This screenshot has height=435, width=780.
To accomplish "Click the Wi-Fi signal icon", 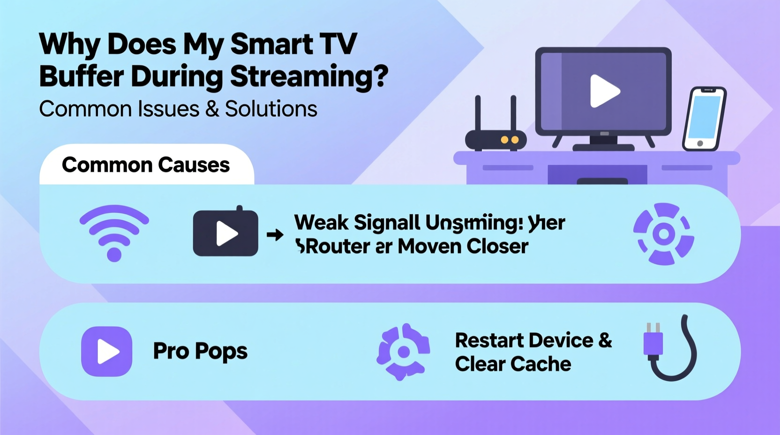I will click(x=114, y=232).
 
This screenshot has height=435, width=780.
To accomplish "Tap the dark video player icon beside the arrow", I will click(x=225, y=233).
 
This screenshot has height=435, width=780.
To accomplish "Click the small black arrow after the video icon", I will click(x=275, y=234).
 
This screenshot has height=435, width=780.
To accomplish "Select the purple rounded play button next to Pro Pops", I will click(x=107, y=352).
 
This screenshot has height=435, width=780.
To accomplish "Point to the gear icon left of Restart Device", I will click(x=403, y=352).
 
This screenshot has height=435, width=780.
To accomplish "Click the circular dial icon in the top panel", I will click(x=663, y=234).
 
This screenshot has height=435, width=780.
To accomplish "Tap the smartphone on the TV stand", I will click(x=704, y=119).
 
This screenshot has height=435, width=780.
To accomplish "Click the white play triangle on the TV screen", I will click(x=604, y=91).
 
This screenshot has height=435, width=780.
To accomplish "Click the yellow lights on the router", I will click(x=510, y=140).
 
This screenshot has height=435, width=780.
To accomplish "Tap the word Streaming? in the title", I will click(x=309, y=76).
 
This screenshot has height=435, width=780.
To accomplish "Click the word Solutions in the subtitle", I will click(x=271, y=109).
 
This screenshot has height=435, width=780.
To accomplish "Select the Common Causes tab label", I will click(x=146, y=165).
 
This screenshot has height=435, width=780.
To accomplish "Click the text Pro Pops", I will click(x=200, y=352).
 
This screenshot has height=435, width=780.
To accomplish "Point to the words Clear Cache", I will click(x=513, y=364).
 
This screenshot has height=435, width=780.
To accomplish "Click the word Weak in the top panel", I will click(x=321, y=223).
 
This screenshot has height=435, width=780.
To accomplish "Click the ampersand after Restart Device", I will click(x=605, y=340).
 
